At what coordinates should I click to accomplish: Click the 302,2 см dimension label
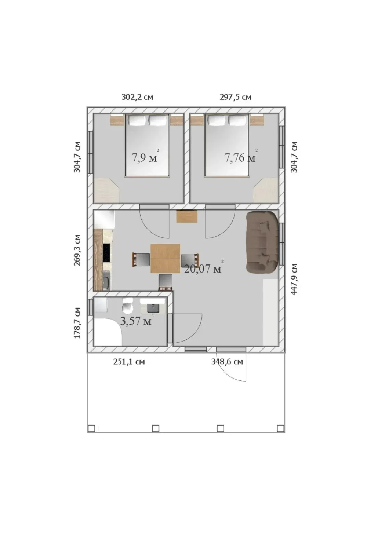(137, 97)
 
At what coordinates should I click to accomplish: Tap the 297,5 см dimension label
(235, 97)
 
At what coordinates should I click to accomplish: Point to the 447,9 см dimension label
(294, 279)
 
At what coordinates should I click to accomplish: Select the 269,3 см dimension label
(77, 250)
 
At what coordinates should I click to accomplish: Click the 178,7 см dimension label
(77, 323)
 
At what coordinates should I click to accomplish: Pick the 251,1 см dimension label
(129, 362)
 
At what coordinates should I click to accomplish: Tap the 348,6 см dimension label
(227, 362)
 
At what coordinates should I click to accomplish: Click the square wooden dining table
(165, 258)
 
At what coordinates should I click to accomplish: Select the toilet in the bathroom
(127, 306)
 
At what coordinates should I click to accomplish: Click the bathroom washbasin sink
(153, 309)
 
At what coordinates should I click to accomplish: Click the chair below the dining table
(165, 282)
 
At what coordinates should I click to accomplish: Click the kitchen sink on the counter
(106, 281)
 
